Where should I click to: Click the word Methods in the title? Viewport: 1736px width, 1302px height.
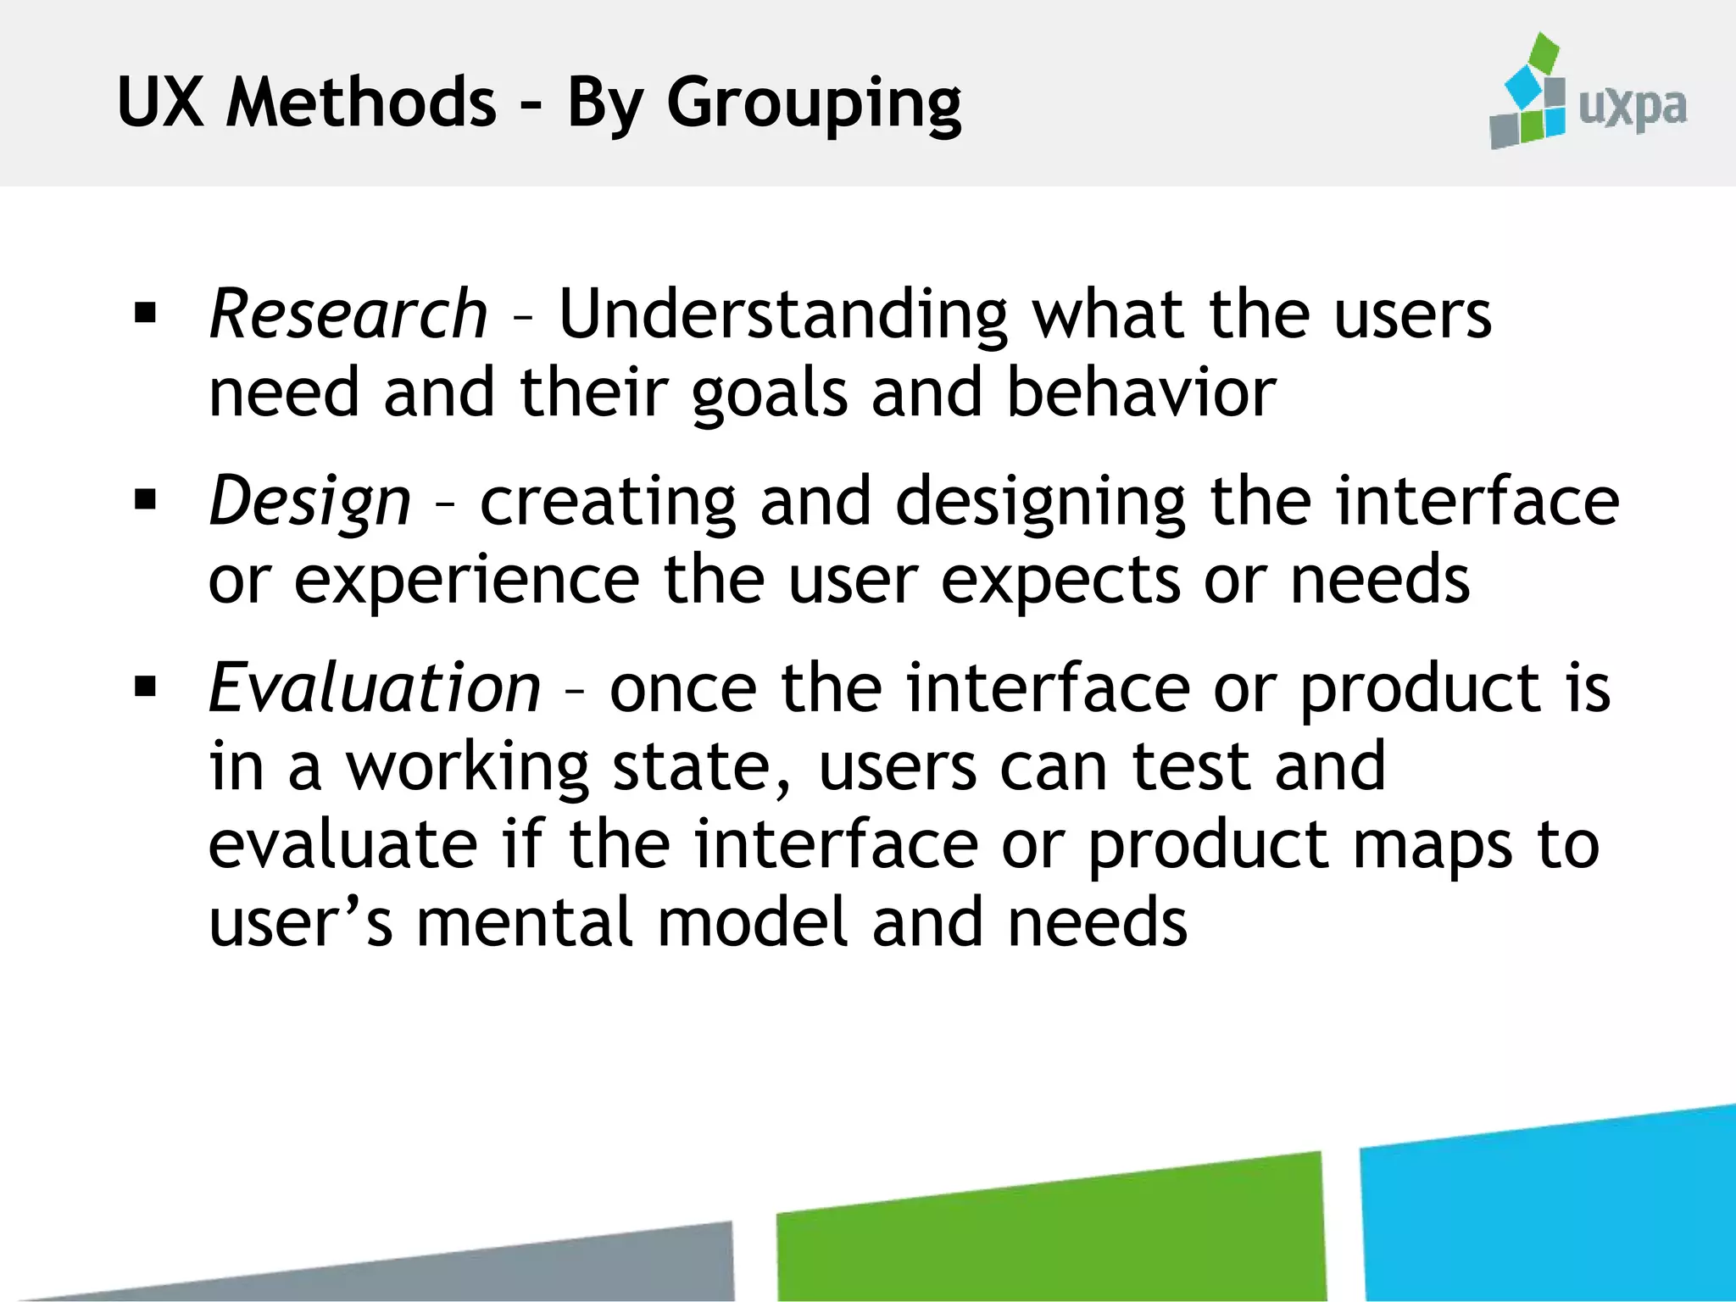(361, 103)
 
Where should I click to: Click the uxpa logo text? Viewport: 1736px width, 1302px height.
(1632, 108)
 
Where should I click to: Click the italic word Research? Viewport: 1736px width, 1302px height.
(348, 314)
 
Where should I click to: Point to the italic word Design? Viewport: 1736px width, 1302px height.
(310, 501)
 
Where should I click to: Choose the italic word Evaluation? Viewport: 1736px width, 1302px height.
(375, 687)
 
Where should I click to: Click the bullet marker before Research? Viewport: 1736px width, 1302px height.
(146, 314)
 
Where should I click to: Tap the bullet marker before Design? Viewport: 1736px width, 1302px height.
(146, 500)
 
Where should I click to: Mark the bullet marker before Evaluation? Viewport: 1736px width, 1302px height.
(146, 687)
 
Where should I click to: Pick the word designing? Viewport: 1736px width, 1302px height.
(1040, 503)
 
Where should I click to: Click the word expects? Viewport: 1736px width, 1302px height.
(1060, 582)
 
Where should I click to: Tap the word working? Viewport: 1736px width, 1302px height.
(467, 768)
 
